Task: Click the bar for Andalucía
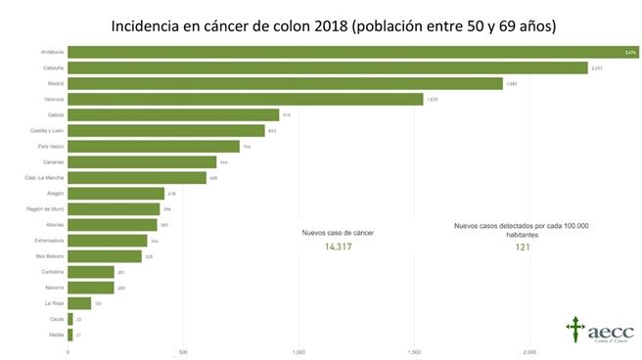pyautogui.click(x=352, y=52)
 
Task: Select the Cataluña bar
pyautogui.click(x=327, y=67)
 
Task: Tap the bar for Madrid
pyautogui.click(x=285, y=83)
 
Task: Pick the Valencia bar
pyautogui.click(x=245, y=99)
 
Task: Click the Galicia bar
pyautogui.click(x=172, y=114)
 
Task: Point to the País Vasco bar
pyautogui.click(x=153, y=147)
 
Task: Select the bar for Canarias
pyautogui.click(x=141, y=162)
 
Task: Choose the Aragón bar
pyautogui.click(x=115, y=194)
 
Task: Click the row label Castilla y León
pyautogui.click(x=46, y=130)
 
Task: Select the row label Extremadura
pyautogui.click(x=46, y=241)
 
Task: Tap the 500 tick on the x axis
pyautogui.click(x=183, y=351)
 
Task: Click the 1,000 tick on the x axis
pyautogui.click(x=298, y=351)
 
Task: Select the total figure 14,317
pyautogui.click(x=338, y=247)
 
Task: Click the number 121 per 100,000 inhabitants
pyautogui.click(x=522, y=247)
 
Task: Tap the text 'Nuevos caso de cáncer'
pyautogui.click(x=338, y=233)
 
